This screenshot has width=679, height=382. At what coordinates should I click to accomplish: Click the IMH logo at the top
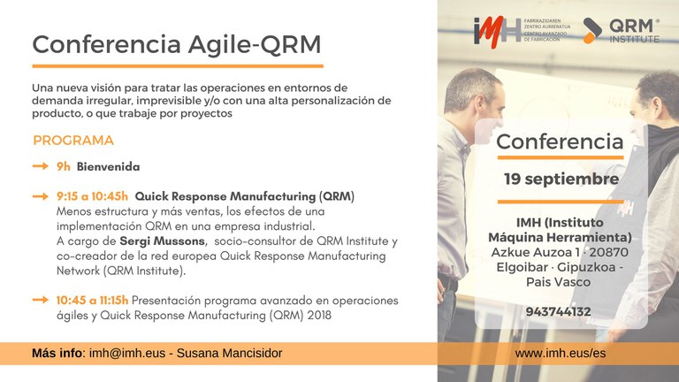pyautogui.click(x=497, y=32)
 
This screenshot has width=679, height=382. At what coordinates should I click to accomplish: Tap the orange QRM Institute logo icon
pyautogui.click(x=592, y=31)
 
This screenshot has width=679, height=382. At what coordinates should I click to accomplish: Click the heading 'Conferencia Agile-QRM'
pyautogui.click(x=177, y=44)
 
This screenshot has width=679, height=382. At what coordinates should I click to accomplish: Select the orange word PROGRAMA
pyautogui.click(x=73, y=141)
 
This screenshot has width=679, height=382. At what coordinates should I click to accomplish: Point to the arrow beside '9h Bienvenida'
pyautogui.click(x=41, y=166)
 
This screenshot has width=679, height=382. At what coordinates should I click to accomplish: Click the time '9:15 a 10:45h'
pyautogui.click(x=92, y=196)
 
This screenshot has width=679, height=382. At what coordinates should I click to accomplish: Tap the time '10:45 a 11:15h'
pyautogui.click(x=92, y=300)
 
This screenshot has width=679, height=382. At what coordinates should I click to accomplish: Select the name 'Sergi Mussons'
pyautogui.click(x=162, y=241)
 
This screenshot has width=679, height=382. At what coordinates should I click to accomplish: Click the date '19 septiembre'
pyautogui.click(x=561, y=179)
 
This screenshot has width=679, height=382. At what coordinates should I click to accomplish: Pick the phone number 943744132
pyautogui.click(x=558, y=311)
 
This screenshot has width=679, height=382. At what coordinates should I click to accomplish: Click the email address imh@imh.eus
pyautogui.click(x=127, y=353)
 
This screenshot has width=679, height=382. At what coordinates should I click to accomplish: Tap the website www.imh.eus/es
pyautogui.click(x=561, y=353)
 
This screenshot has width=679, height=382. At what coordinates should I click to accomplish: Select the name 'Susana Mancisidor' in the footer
pyautogui.click(x=230, y=353)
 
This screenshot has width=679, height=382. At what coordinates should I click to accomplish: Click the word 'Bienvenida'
pyautogui.click(x=108, y=167)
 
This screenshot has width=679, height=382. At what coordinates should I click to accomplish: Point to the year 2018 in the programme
pyautogui.click(x=319, y=315)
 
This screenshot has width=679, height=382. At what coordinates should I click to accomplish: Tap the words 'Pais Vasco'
pyautogui.click(x=558, y=282)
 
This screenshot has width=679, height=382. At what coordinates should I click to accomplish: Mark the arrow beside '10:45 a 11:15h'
pyautogui.click(x=41, y=300)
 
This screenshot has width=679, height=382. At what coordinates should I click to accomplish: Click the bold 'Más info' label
pyautogui.click(x=57, y=353)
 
